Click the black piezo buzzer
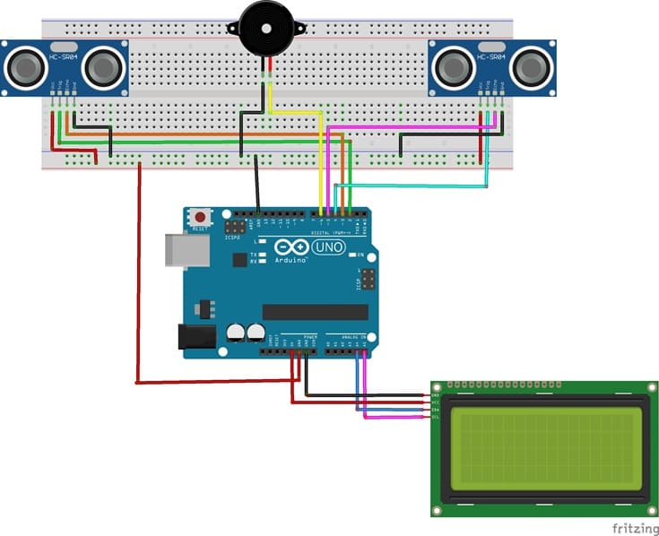(266, 28)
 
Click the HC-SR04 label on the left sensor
(64, 57)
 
